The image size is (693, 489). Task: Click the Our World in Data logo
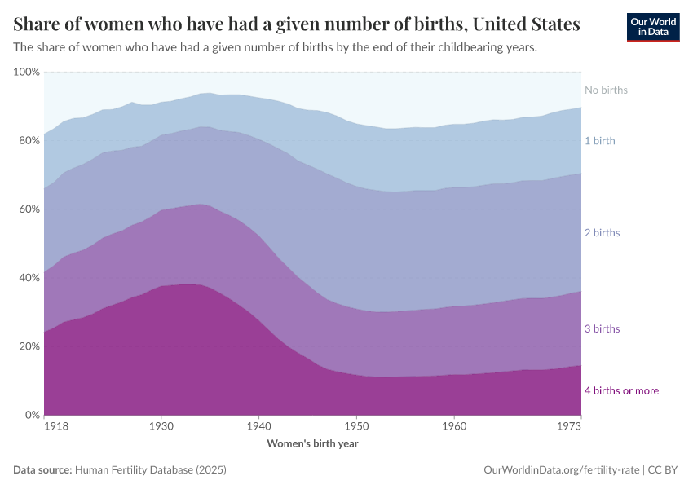click(653, 28)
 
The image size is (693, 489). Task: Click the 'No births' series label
click(606, 90)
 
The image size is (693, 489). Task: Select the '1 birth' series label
click(600, 141)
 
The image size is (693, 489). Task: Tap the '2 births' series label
click(603, 233)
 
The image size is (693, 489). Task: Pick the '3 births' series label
click(603, 329)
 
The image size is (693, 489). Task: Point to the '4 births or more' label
click(621, 391)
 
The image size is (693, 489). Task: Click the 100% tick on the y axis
click(26, 73)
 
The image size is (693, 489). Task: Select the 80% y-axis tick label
click(29, 141)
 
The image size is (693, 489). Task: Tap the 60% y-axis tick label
click(29, 209)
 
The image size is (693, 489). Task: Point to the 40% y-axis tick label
click(29, 278)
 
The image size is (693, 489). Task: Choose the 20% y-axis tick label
click(29, 346)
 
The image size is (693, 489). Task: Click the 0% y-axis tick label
click(32, 415)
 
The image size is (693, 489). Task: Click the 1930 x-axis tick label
click(161, 426)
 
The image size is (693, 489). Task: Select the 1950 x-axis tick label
click(355, 426)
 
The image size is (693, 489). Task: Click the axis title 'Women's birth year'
click(312, 444)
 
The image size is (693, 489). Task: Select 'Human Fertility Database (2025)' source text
click(150, 470)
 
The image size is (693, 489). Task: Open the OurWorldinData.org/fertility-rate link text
click(561, 470)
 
